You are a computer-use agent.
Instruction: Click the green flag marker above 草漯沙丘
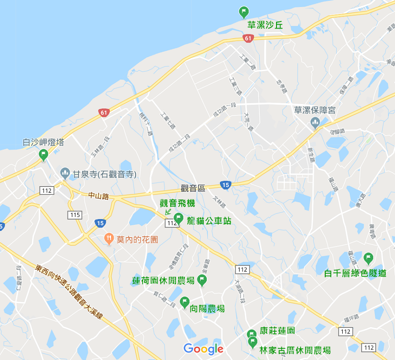coord(244,11)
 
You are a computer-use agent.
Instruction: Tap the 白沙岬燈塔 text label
coord(43,143)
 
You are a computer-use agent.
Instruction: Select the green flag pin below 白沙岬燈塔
coord(43,155)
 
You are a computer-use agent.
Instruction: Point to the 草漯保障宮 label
coord(315,110)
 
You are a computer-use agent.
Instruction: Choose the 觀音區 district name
coord(193,188)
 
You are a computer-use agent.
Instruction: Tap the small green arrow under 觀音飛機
coord(168,212)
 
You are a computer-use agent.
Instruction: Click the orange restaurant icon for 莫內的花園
coord(109,239)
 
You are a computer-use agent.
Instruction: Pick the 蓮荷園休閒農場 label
coord(163,280)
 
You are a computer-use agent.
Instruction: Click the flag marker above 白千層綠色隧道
coord(368,258)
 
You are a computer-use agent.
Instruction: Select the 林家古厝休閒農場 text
coord(295,350)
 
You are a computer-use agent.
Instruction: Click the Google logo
coord(203,349)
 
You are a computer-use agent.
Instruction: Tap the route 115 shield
coord(75,215)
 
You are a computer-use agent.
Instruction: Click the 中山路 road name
coord(98,196)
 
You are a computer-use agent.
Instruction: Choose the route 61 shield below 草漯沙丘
coord(248,38)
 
